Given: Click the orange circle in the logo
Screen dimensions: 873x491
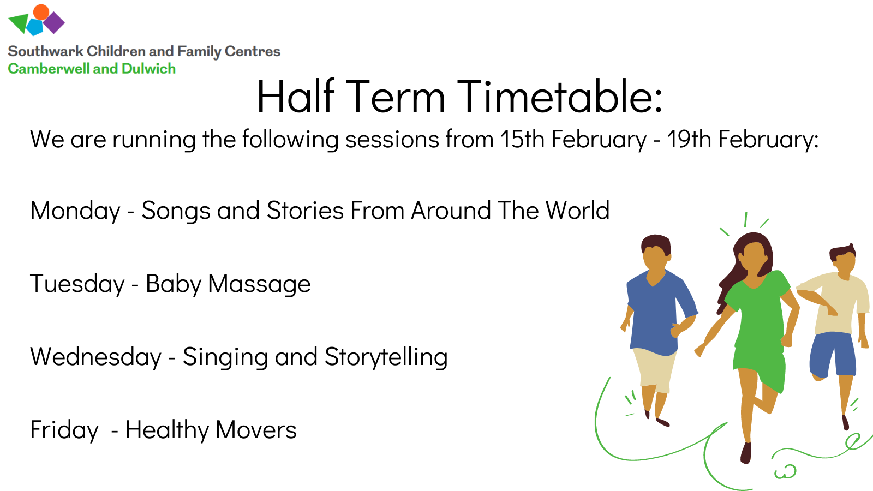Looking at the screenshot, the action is [41, 12].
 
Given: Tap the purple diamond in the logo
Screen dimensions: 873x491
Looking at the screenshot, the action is [54, 22].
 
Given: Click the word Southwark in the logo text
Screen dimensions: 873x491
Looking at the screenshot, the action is [46, 51].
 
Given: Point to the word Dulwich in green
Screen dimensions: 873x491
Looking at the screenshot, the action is [148, 69].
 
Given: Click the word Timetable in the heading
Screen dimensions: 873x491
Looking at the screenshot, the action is [560, 96].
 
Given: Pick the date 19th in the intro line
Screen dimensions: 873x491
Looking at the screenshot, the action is [689, 139].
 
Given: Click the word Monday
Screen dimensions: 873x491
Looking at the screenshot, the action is [75, 211].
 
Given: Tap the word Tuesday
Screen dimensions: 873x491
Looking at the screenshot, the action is [77, 284].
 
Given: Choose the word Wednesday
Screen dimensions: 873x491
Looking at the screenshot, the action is [96, 357].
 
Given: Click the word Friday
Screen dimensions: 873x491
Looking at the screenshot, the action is [64, 430].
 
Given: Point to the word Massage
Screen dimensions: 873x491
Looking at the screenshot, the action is [259, 284].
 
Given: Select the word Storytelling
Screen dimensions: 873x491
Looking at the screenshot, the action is [386, 357].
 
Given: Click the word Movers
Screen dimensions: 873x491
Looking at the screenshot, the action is [256, 429].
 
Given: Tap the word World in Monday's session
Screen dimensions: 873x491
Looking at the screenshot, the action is [577, 211].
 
